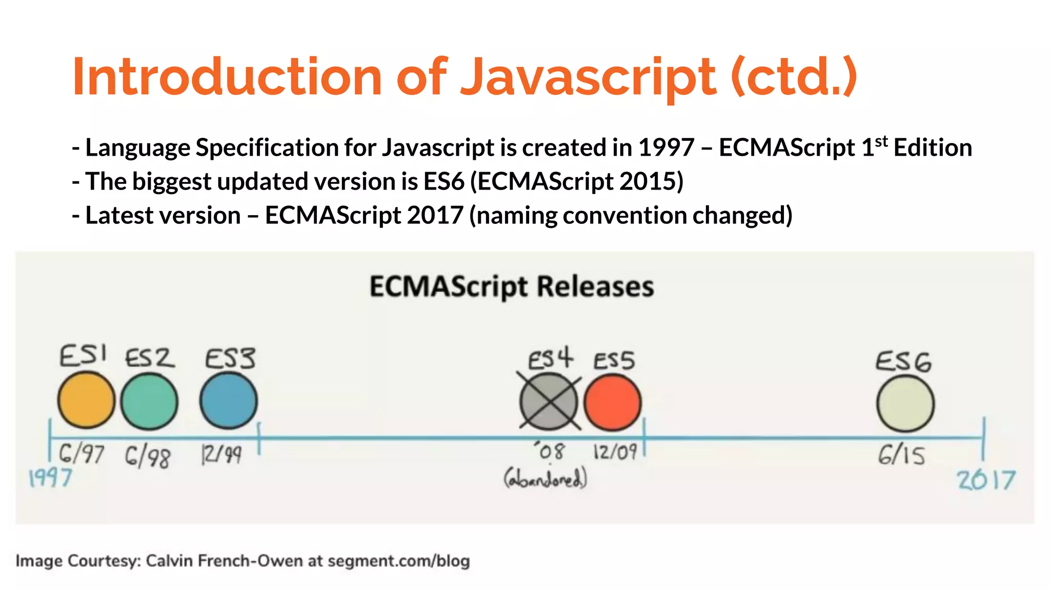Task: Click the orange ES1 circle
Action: click(x=86, y=400)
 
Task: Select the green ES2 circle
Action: click(x=149, y=401)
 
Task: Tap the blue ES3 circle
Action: click(x=228, y=401)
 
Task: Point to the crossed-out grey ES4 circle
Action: click(x=549, y=402)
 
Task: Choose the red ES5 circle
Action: click(x=612, y=402)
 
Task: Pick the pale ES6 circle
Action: click(x=905, y=404)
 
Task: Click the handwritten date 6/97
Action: click(x=81, y=454)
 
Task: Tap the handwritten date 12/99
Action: click(x=221, y=454)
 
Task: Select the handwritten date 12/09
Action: click(x=615, y=452)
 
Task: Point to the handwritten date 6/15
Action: click(x=901, y=455)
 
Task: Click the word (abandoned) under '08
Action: click(x=545, y=479)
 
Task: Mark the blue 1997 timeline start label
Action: click(x=50, y=478)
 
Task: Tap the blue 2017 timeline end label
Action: click(x=986, y=480)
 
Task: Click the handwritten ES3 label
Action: click(x=230, y=358)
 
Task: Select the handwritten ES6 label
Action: click(x=903, y=362)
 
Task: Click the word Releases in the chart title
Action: click(x=595, y=287)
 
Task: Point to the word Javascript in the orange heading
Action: click(x=588, y=78)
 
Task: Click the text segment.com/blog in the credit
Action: click(x=398, y=561)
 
